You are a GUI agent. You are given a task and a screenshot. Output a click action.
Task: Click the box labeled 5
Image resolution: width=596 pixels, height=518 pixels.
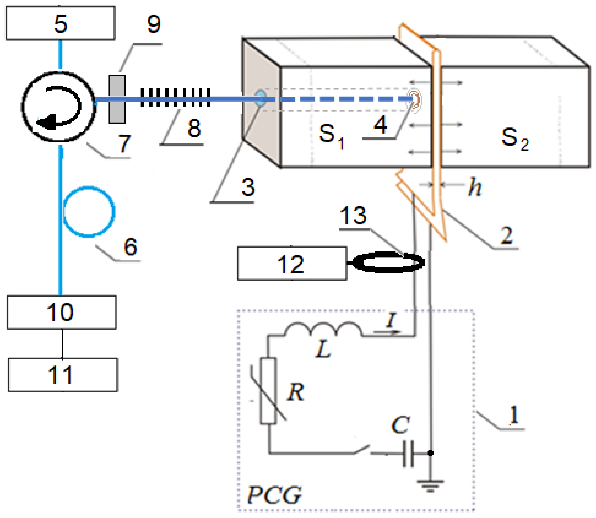tap(61, 23)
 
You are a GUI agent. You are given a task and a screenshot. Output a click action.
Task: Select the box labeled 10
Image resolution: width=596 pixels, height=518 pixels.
tap(62, 313)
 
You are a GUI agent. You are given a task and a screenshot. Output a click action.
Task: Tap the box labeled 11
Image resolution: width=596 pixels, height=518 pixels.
tap(63, 375)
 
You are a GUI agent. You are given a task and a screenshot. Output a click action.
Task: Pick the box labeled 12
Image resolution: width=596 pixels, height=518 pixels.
tap(292, 264)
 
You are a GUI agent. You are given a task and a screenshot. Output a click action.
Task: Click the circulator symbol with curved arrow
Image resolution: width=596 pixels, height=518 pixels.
tap(59, 107)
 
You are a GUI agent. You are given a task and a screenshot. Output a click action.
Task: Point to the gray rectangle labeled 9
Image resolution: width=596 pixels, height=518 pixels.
tap(117, 99)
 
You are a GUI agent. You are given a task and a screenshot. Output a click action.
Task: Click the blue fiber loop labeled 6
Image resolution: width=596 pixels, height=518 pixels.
tap(89, 212)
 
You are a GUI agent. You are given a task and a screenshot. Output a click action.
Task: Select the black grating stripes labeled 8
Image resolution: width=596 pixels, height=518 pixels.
tap(175, 97)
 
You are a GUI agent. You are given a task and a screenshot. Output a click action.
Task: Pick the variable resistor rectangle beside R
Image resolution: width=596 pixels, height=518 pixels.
tap(268, 391)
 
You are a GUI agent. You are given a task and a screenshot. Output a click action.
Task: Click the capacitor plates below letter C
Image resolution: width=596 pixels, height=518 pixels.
tap(408, 454)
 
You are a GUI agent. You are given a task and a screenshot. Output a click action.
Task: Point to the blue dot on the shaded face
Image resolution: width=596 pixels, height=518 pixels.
tap(260, 97)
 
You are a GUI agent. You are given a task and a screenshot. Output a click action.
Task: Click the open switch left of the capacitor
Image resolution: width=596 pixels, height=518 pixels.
tap(362, 450)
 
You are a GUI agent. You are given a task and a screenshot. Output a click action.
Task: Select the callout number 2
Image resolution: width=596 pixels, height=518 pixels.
tap(506, 235)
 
